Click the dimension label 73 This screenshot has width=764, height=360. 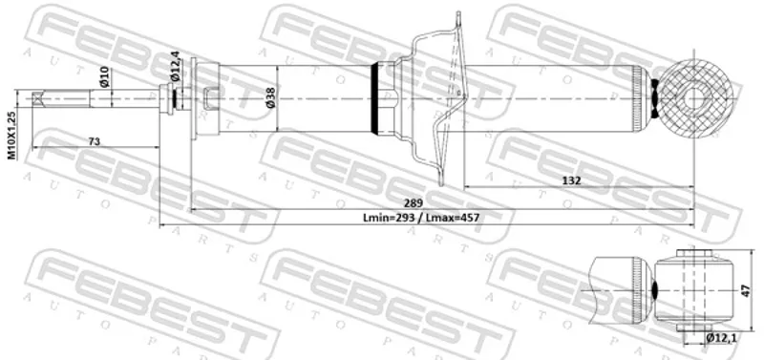click(94, 141)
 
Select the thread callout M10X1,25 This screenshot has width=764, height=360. click(12, 136)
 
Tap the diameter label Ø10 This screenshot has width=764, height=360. click(105, 76)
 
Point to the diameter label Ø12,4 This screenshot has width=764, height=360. click(175, 65)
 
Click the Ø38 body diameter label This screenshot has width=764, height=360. click(270, 97)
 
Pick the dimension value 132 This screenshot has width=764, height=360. click(571, 180)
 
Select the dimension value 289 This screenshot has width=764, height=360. click(414, 202)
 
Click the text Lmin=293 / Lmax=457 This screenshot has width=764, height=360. click(421, 218)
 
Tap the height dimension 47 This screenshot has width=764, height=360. click(746, 290)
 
